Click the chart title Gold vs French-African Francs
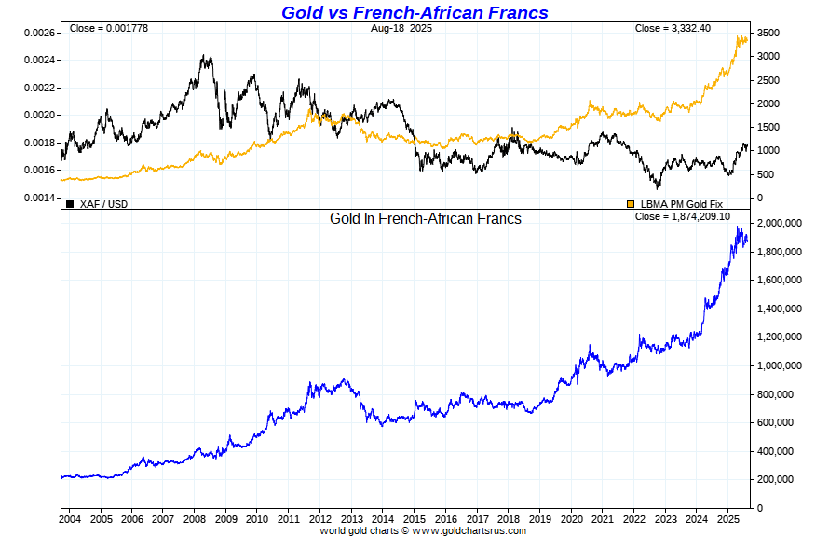click(x=414, y=12)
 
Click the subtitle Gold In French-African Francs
click(x=426, y=218)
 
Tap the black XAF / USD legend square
click(x=70, y=203)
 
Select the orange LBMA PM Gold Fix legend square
click(x=631, y=203)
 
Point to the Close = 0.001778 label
click(x=109, y=28)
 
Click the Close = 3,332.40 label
click(x=673, y=28)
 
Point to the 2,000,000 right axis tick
click(x=781, y=224)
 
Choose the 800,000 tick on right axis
click(x=779, y=394)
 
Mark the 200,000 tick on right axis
click(x=779, y=479)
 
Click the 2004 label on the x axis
click(x=71, y=518)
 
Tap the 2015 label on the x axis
click(x=414, y=518)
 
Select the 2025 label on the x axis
click(x=727, y=518)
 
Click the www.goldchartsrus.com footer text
click(x=469, y=530)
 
